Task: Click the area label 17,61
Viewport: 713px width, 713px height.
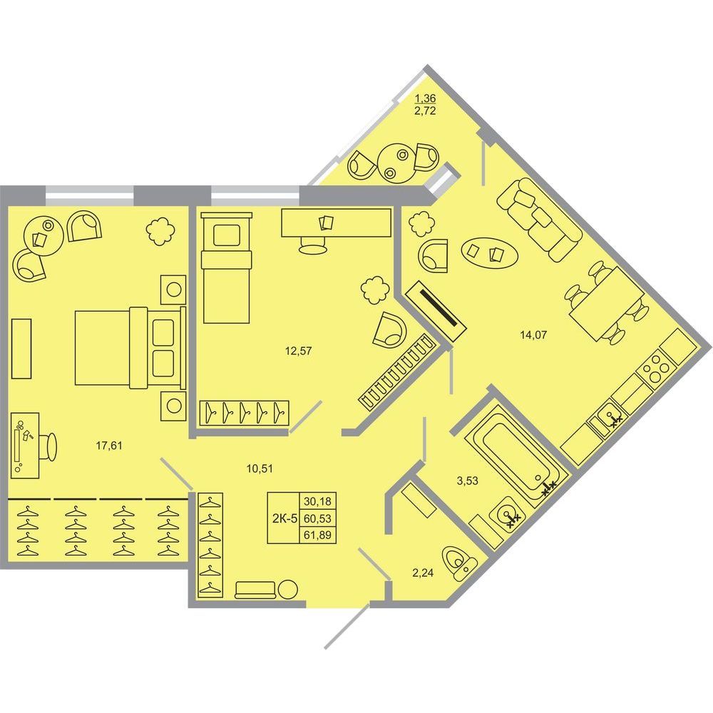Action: pyautogui.click(x=109, y=446)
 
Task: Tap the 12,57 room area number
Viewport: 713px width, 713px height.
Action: pyautogui.click(x=298, y=351)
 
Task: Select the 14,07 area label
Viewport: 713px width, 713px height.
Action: pyautogui.click(x=533, y=335)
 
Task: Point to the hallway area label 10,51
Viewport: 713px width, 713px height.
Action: pyautogui.click(x=260, y=468)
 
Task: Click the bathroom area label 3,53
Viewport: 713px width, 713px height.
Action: pyautogui.click(x=468, y=481)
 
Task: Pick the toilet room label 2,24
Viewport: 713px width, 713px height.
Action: pyautogui.click(x=423, y=573)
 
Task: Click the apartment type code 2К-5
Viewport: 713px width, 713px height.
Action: pyautogui.click(x=284, y=518)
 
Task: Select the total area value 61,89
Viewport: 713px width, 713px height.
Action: pyautogui.click(x=317, y=535)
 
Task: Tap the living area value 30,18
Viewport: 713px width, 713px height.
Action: pyautogui.click(x=317, y=501)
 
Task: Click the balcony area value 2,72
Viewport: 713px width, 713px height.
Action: pyautogui.click(x=425, y=111)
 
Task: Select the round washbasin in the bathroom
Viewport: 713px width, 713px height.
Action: pyautogui.click(x=507, y=514)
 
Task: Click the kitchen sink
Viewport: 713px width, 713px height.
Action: pyautogui.click(x=609, y=419)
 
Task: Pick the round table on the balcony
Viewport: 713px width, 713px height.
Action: pyautogui.click(x=396, y=164)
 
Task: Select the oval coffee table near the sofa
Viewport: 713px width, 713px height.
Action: pyautogui.click(x=489, y=252)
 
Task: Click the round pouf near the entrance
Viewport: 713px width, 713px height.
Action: pyautogui.click(x=288, y=590)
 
